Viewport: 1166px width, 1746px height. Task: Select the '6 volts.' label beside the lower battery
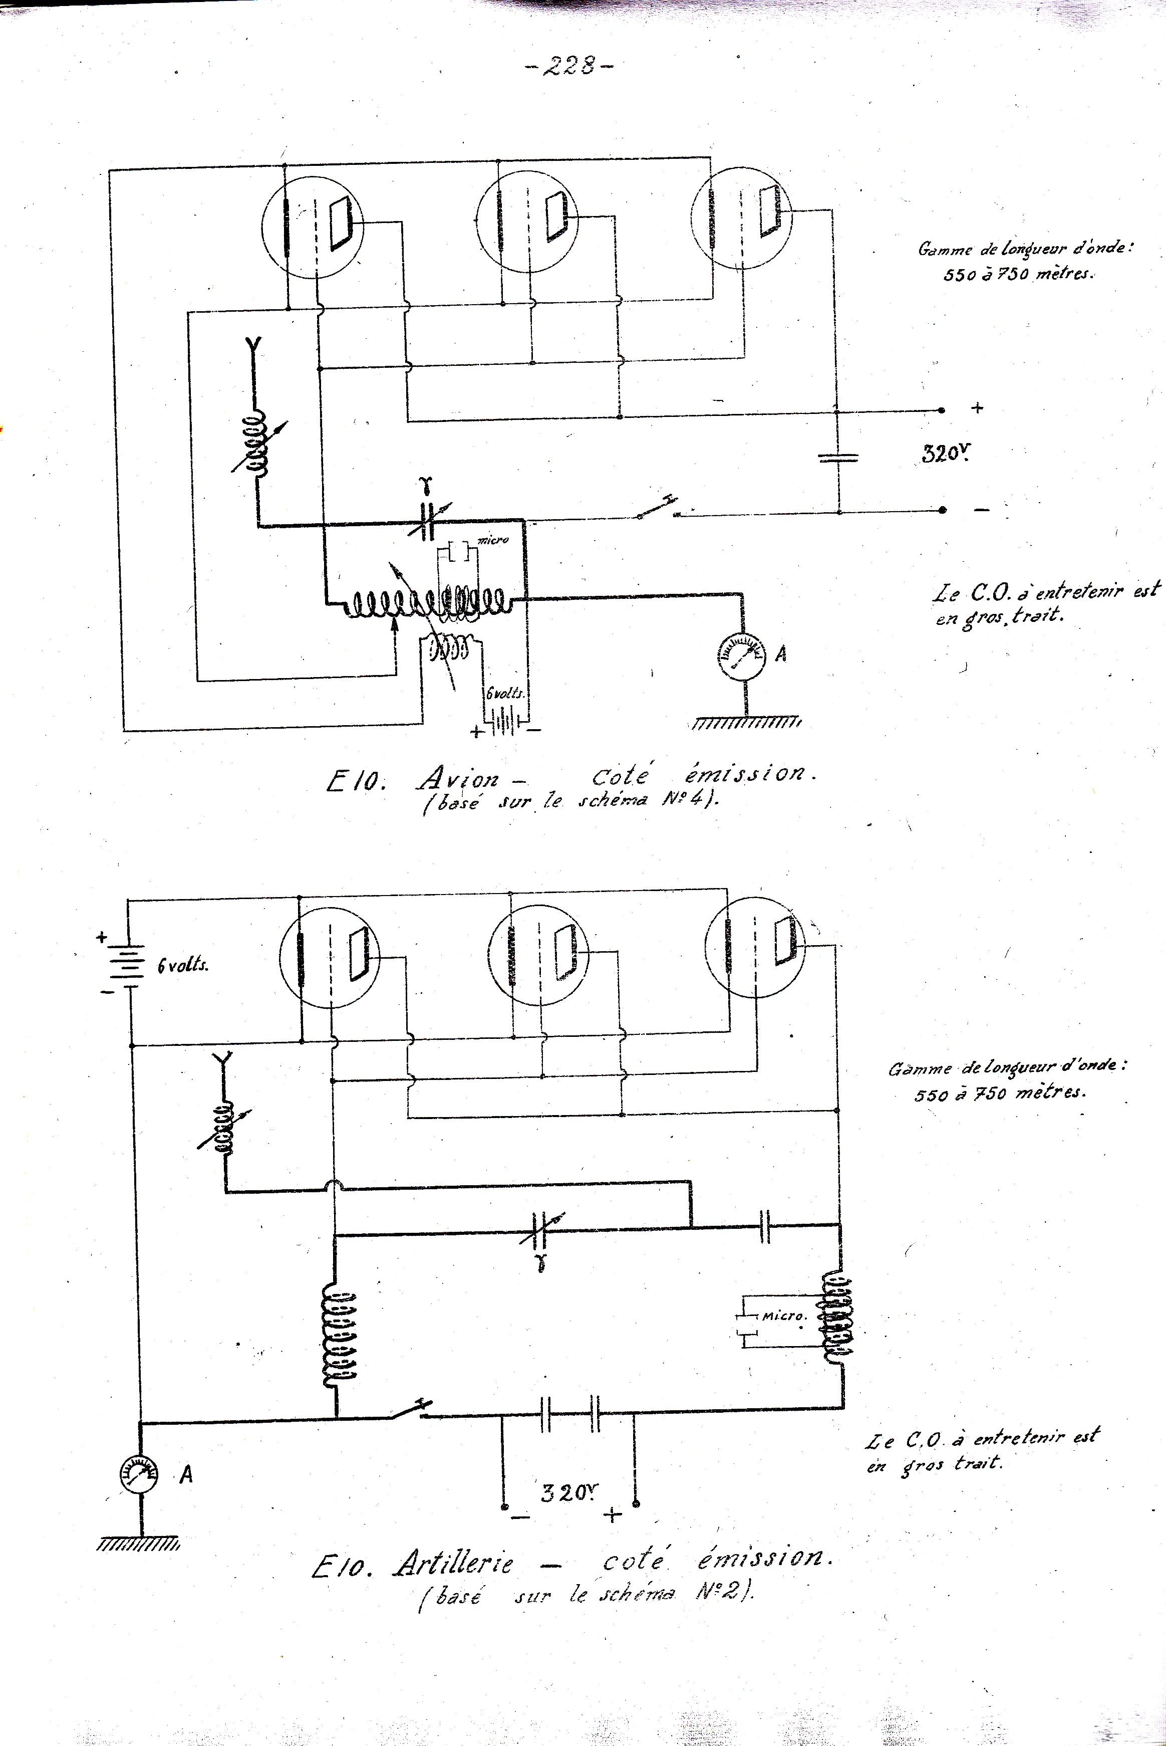point(183,966)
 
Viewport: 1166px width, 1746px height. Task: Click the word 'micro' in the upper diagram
point(493,539)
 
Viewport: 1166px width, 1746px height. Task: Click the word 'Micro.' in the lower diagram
point(784,1316)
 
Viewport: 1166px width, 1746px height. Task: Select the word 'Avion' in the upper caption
point(459,778)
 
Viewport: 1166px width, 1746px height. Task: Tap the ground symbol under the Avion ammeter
point(746,722)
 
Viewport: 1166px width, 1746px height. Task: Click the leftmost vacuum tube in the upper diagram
point(312,228)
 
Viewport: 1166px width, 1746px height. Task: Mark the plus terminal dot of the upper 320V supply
point(942,410)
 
